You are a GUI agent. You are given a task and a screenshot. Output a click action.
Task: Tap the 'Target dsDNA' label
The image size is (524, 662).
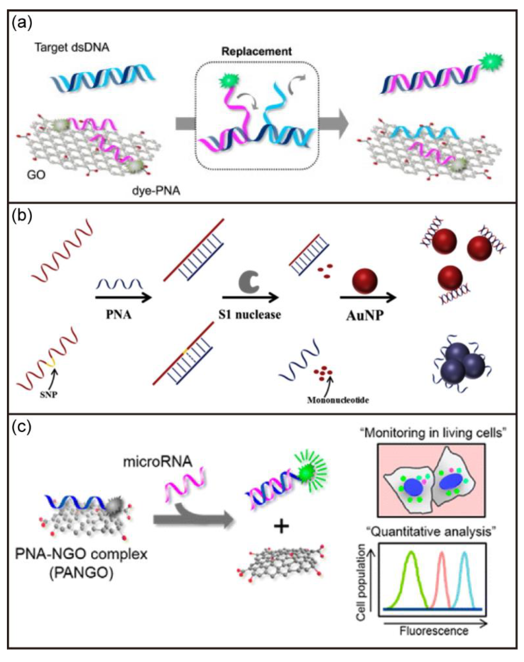tap(72, 48)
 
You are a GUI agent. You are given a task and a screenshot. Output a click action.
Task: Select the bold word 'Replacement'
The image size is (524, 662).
tap(256, 51)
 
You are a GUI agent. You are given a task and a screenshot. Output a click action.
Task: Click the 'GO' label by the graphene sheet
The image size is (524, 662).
tap(36, 175)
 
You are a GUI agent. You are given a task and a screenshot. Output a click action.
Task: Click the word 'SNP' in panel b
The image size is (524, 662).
tap(49, 394)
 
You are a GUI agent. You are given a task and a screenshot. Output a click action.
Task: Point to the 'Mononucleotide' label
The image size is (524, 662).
tap(338, 400)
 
